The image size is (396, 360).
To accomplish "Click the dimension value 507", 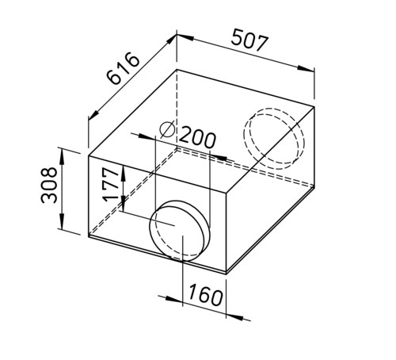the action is (249, 40).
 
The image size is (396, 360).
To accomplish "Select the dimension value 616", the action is (123, 68).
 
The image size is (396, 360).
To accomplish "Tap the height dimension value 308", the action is (49, 185).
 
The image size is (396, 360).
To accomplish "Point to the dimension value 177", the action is (111, 184).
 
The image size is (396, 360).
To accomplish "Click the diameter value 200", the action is (197, 137).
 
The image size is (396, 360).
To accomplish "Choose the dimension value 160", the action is (205, 294).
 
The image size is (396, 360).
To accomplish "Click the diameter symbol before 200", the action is (167, 129).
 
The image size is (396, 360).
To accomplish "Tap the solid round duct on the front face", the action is (180, 231).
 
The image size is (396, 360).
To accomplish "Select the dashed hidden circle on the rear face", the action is (273, 139).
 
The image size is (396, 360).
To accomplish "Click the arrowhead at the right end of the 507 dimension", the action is (306, 68).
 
